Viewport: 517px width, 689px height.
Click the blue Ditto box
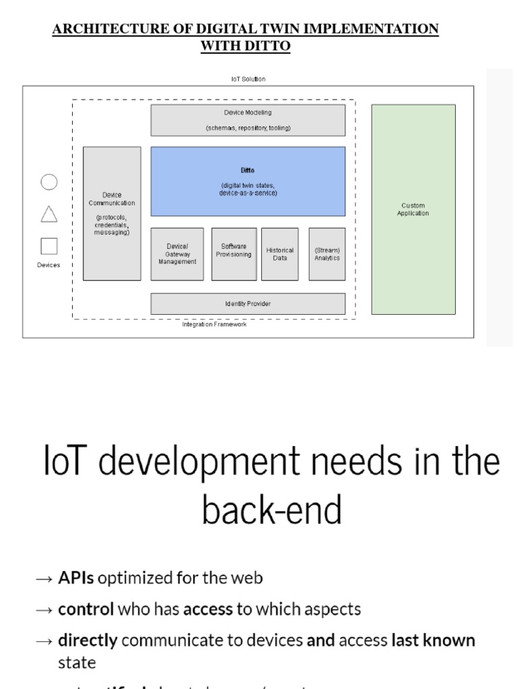click(x=248, y=182)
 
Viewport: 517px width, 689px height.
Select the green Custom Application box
click(x=413, y=209)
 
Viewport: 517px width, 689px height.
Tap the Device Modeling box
click(x=248, y=120)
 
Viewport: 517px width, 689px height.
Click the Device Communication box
click(x=112, y=213)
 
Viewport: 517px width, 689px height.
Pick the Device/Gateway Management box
click(x=177, y=254)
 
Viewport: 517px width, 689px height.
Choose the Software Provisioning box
click(x=234, y=254)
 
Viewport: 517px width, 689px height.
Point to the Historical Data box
click(x=279, y=254)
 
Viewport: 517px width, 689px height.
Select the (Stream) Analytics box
click(x=326, y=254)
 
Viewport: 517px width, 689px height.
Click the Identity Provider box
click(x=248, y=304)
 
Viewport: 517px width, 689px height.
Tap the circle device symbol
click(x=49, y=182)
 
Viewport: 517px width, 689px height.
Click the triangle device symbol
click(x=49, y=214)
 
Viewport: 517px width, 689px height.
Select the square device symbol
click(x=49, y=246)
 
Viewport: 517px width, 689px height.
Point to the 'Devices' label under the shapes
click(x=48, y=265)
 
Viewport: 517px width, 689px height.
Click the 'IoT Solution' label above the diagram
click(x=248, y=79)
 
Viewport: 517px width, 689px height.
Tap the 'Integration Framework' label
click(x=214, y=324)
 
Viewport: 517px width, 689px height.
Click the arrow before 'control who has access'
click(x=44, y=610)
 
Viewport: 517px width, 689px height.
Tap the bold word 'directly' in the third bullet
click(x=88, y=640)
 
